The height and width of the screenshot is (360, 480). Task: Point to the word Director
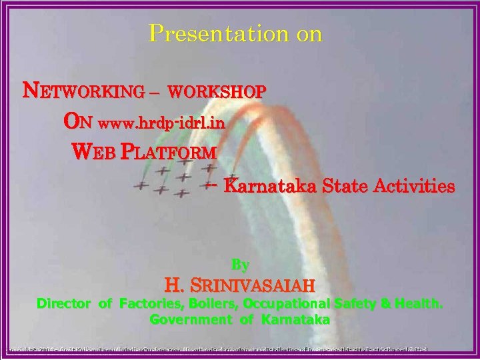tap(64, 304)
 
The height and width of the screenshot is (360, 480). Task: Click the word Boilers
tap(203, 304)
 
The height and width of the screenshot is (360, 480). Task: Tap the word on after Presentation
tap(304, 33)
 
